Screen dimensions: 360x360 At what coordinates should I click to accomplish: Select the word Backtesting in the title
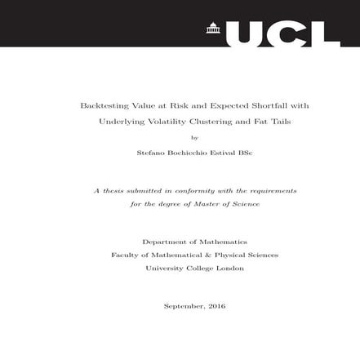pos(101,106)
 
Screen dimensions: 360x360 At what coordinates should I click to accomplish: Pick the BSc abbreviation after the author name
pos(242,152)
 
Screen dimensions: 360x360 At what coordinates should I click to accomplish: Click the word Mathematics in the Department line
pos(221,242)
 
